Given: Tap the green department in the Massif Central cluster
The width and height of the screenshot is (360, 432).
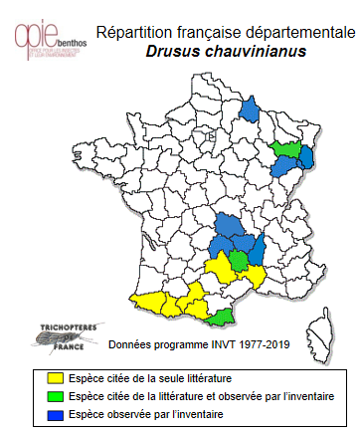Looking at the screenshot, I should pyautogui.click(x=239, y=261).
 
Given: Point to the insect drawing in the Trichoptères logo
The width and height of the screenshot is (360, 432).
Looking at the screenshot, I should pyautogui.click(x=48, y=340).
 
